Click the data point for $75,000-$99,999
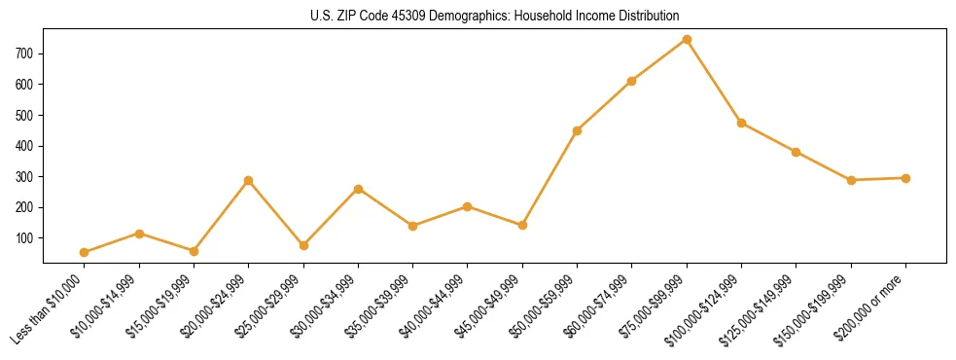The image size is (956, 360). click(x=687, y=40)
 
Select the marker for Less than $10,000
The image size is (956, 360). click(x=85, y=252)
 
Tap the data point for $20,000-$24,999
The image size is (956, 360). click(x=249, y=181)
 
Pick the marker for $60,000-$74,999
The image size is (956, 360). click(x=632, y=81)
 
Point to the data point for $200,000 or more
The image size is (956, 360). click(x=905, y=178)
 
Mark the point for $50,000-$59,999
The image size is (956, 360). click(x=578, y=130)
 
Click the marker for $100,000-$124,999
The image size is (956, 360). click(x=741, y=124)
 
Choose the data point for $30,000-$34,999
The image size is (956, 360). click(x=358, y=189)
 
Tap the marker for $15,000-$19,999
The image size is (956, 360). click(x=194, y=251)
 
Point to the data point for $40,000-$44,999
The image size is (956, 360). click(x=468, y=206)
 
